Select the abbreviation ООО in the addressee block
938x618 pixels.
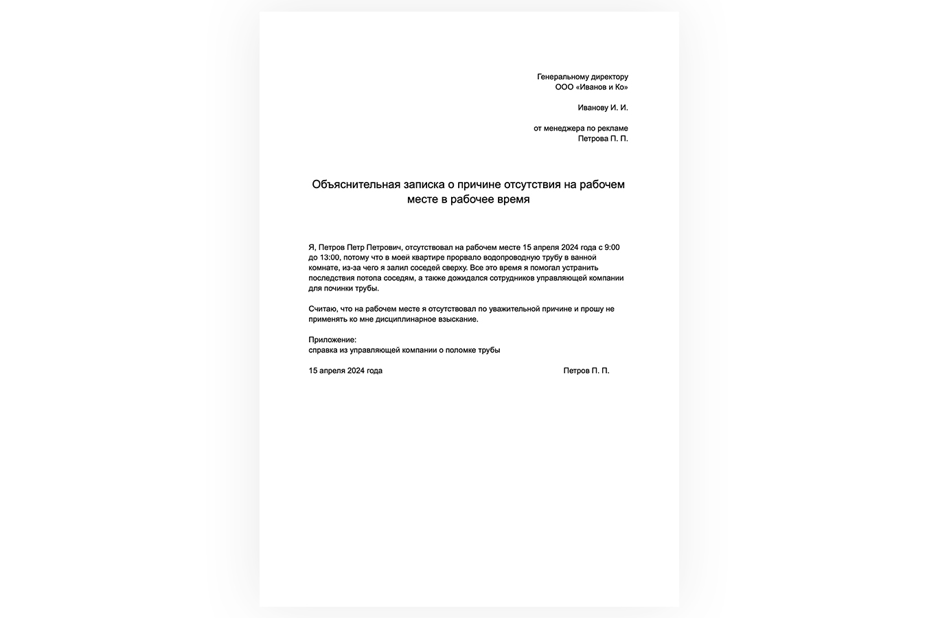point(564,87)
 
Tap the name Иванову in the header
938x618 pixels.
point(593,108)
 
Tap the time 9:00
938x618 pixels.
point(612,247)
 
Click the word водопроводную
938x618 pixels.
point(503,257)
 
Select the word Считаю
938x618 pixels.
point(323,309)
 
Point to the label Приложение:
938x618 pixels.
point(332,340)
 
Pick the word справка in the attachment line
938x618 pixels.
point(323,350)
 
